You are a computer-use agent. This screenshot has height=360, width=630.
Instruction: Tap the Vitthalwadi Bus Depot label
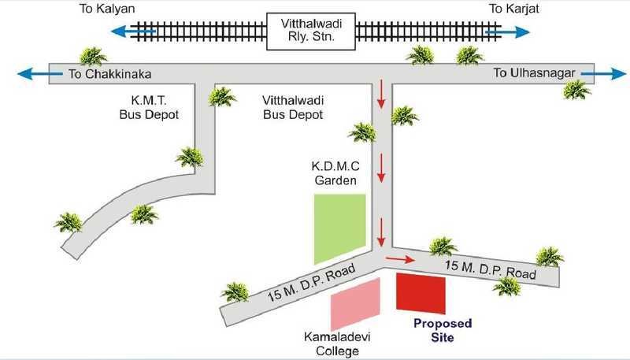pyautogui.click(x=291, y=108)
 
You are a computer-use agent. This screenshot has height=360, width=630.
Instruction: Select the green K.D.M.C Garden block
pyautogui.click(x=340, y=227)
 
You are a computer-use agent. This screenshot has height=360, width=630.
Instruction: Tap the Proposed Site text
pyautogui.click(x=443, y=330)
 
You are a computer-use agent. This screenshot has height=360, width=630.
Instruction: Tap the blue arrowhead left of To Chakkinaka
pyautogui.click(x=24, y=75)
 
